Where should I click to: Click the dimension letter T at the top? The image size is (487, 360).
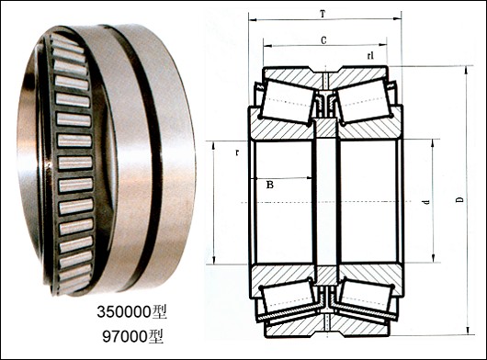coord(323,14)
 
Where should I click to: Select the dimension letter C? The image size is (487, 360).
coord(323,40)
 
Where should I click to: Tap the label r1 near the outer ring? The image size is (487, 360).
coord(370,55)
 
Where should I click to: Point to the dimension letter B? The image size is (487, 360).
coord(270,185)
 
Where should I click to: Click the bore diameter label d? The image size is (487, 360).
coord(426,202)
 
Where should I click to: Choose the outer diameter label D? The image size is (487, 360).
coord(460,199)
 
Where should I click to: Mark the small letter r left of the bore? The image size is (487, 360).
coord(237,152)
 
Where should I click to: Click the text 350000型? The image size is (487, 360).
coord(131,312)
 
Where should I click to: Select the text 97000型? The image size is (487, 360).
coord(133,336)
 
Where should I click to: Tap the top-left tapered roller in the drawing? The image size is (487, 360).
coord(288,100)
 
